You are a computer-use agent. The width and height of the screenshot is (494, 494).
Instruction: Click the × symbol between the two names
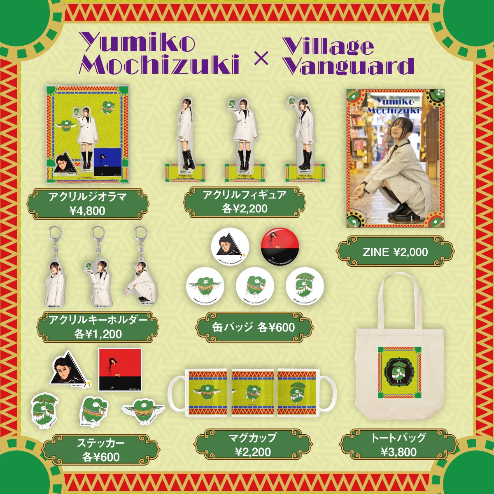[261, 58]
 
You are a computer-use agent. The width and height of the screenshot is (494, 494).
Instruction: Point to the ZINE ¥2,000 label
[395, 252]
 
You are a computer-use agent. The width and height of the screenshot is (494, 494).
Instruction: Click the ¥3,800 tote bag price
[398, 452]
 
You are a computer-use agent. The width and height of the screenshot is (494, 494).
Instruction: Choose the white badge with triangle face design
[230, 246]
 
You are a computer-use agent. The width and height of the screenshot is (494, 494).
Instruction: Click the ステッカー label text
[100, 443]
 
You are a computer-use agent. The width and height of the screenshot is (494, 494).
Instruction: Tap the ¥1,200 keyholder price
[98, 334]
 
